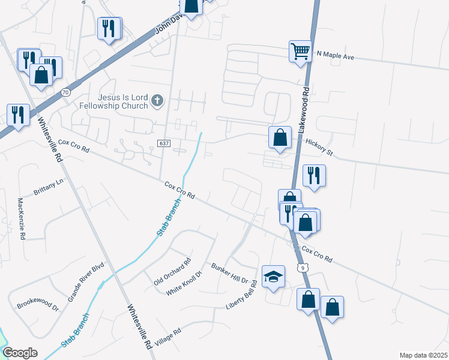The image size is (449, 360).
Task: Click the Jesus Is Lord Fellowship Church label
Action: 113,101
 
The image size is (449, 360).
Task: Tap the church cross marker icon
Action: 157,100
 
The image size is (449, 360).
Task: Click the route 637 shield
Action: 163,143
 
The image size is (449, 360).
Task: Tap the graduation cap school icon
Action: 274,276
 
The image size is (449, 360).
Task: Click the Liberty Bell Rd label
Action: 241,295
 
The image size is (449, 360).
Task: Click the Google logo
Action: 20,353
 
